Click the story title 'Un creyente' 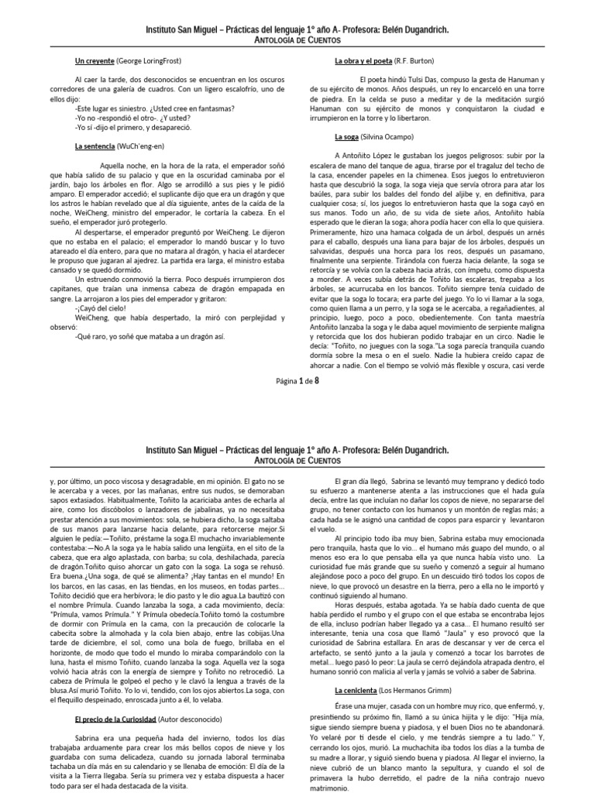pos(95,60)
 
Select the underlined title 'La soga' pos(346,136)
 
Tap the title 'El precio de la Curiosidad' pos(115,698)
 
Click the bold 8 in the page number pos(315,380)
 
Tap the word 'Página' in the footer pos(287,381)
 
